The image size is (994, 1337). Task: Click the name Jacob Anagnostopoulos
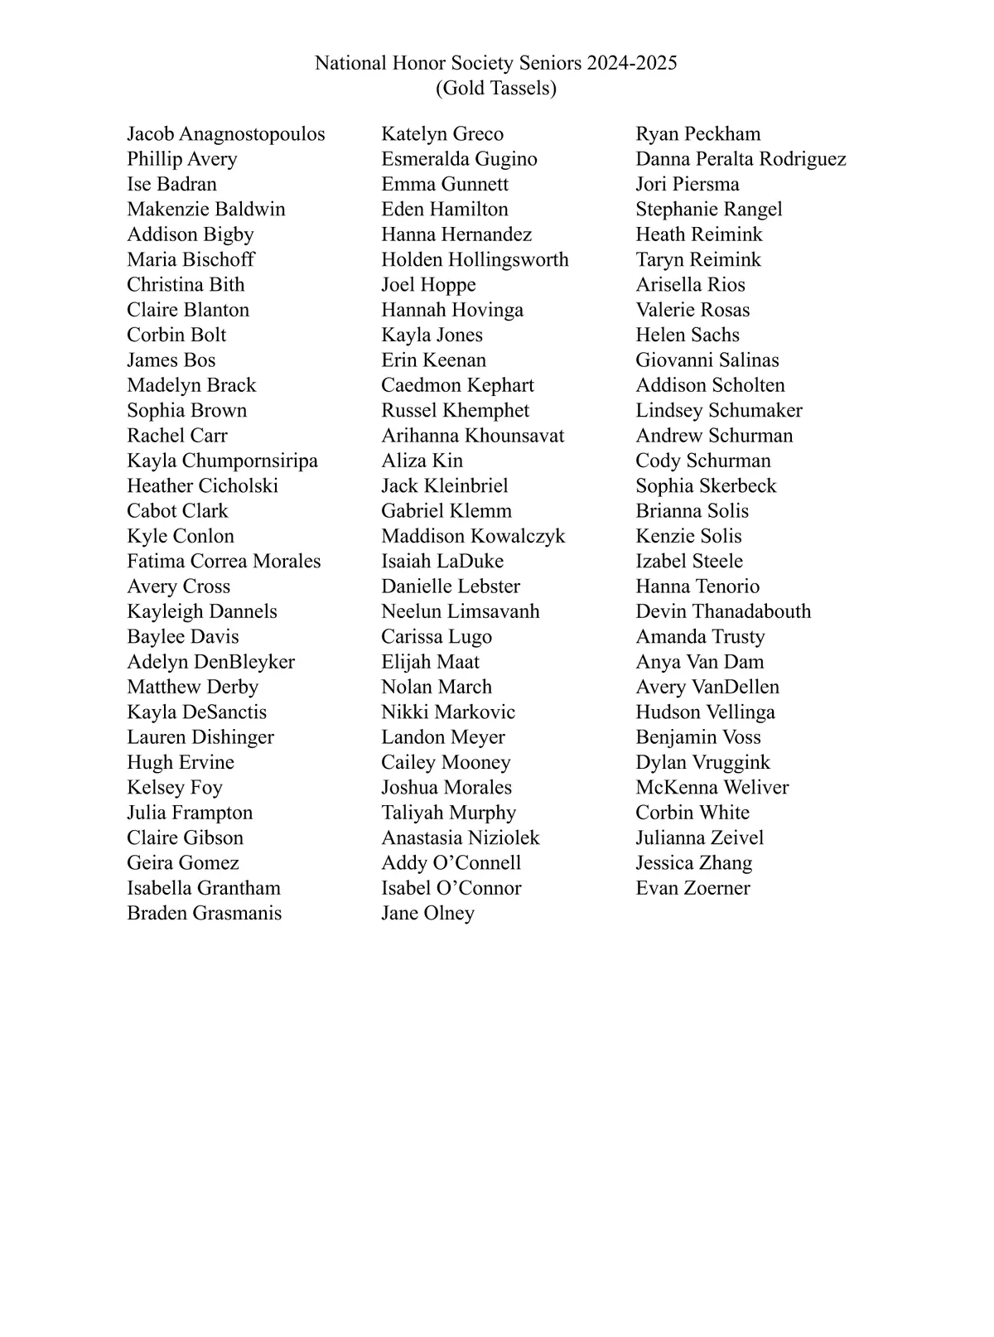[x=225, y=134]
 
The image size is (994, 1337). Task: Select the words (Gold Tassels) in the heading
[x=496, y=88]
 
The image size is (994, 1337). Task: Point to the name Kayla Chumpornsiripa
[x=222, y=461]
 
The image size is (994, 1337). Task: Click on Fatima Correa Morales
[x=224, y=561]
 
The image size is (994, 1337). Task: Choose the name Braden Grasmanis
[x=204, y=913]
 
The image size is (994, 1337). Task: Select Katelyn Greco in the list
[x=442, y=134]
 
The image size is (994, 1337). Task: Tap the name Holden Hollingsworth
[x=475, y=259]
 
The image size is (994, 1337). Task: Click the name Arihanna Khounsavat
[x=472, y=436]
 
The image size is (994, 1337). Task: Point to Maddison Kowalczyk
[x=473, y=536]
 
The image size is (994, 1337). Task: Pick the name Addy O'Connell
[x=451, y=862]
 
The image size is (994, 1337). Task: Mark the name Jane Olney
[x=427, y=913]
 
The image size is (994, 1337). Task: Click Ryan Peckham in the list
[x=697, y=134]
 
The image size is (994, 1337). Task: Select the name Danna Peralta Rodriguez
[x=741, y=159]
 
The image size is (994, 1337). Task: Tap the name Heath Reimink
[x=698, y=234]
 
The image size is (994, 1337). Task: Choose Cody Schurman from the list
[x=702, y=461]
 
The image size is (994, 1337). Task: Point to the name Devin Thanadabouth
[x=723, y=611]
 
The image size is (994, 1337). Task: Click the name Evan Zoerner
[x=692, y=888]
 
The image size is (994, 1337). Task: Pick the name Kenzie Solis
[x=688, y=536]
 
